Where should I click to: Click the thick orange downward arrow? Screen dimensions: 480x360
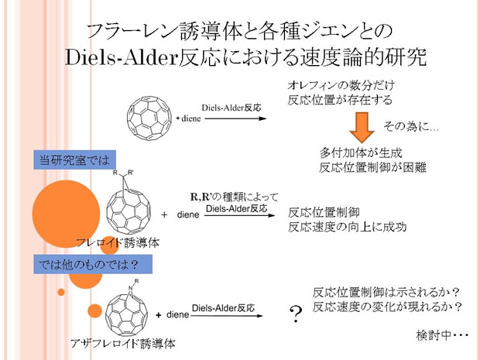(362, 127)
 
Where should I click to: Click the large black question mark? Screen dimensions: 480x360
(296, 314)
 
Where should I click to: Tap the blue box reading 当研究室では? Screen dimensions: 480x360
(74, 159)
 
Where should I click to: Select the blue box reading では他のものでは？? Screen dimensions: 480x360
(93, 264)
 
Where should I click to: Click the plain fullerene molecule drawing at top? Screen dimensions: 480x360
(149, 118)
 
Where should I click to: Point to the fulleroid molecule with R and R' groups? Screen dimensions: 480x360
(129, 202)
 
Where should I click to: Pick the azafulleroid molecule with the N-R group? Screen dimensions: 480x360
(127, 307)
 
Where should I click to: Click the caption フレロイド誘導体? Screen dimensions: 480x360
(118, 243)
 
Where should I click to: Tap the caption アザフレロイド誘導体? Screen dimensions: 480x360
(123, 343)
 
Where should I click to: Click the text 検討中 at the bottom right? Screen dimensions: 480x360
(434, 335)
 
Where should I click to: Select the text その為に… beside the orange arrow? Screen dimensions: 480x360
(411, 126)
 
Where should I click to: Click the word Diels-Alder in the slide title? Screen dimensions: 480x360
(122, 57)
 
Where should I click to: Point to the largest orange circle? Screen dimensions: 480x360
(66, 214)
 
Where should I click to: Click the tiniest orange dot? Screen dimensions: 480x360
(61, 292)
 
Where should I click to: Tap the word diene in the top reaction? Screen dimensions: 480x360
(191, 118)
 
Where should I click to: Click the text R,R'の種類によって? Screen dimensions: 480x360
(234, 197)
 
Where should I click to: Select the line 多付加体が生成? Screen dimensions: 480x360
(361, 153)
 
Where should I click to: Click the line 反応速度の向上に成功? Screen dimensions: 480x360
(347, 227)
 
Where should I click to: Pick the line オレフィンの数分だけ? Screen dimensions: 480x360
(341, 85)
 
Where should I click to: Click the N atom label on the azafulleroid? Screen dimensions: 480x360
(131, 288)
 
